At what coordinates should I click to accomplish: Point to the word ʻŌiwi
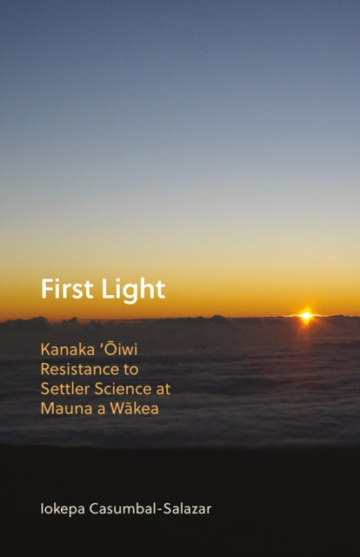[121, 350]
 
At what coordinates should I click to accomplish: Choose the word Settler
[63, 389]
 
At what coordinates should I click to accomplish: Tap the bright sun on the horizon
[305, 316]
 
